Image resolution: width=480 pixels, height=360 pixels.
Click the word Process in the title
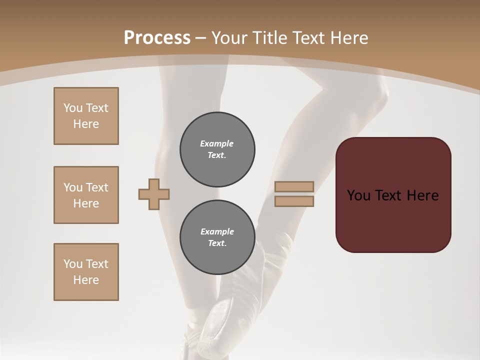(157, 38)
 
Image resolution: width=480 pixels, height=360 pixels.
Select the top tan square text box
(86, 116)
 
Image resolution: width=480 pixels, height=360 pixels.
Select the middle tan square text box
(86, 195)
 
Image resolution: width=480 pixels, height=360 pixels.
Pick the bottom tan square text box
(86, 272)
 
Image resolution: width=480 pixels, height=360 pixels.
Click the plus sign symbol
(154, 194)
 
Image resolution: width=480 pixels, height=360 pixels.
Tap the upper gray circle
(217, 149)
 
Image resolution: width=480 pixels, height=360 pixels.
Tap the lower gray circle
(217, 237)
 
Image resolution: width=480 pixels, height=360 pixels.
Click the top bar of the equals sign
(294, 187)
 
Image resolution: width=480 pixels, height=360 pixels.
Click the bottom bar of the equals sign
(294, 201)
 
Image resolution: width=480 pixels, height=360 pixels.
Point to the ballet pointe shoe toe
(215, 325)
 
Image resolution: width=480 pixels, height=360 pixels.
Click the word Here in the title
(349, 38)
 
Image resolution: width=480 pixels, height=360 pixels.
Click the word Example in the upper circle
(216, 143)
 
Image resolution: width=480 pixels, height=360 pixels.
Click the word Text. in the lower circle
(217, 243)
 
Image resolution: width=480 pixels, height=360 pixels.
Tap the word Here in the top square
(86, 124)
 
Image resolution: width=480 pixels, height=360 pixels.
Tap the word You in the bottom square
(72, 264)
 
